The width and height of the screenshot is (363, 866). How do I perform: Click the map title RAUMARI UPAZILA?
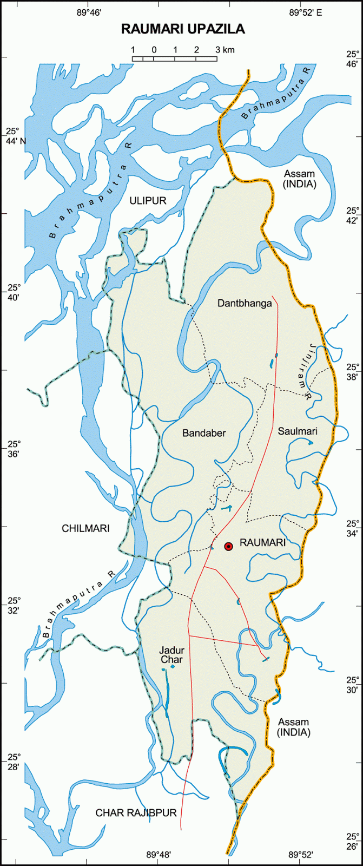pyautogui.click(x=183, y=29)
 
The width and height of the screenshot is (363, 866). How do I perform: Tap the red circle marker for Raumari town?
pyautogui.click(x=228, y=547)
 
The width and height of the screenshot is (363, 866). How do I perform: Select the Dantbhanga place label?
pyautogui.click(x=245, y=303)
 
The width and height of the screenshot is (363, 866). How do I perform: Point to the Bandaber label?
pyautogui.click(x=204, y=433)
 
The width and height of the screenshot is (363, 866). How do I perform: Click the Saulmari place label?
pyautogui.click(x=298, y=431)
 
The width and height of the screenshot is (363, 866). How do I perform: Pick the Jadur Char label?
pyautogui.click(x=171, y=655)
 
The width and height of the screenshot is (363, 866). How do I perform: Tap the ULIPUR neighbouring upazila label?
pyautogui.click(x=148, y=201)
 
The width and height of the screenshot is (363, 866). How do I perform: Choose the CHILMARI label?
pyautogui.click(x=85, y=528)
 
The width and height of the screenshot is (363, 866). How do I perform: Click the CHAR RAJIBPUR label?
pyautogui.click(x=136, y=812)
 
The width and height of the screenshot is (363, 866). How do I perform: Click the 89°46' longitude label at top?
pyautogui.click(x=89, y=12)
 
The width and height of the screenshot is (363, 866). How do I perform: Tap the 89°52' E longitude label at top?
pyautogui.click(x=305, y=12)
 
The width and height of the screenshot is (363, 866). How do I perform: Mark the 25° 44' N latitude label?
pyautogui.click(x=16, y=136)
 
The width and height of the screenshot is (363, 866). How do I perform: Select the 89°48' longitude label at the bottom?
pyautogui.click(x=159, y=855)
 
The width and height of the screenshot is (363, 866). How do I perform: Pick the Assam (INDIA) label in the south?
pyautogui.click(x=294, y=727)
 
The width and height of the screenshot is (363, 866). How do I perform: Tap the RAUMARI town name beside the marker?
pyautogui.click(x=262, y=543)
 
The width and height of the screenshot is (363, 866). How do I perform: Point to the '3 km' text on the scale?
pyautogui.click(x=225, y=50)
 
